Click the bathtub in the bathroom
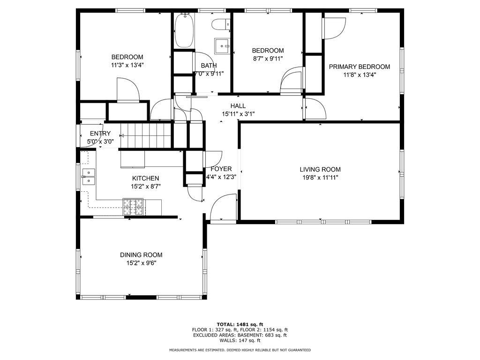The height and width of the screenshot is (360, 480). point(184,30)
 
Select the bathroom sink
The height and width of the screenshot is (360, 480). point(222,46)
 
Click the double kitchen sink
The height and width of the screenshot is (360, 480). point(89,177)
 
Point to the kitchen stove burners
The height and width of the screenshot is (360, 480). point(133,207)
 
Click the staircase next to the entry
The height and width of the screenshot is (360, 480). point(146,135)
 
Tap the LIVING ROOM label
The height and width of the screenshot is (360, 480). point(320,169)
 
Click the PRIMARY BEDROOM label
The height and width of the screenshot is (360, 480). point(360,67)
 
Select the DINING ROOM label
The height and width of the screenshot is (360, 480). point(141,255)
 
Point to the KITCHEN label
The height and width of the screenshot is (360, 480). point(146,178)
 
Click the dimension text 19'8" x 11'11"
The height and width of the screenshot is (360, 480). point(320,177)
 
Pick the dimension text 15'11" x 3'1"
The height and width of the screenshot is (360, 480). point(238,114)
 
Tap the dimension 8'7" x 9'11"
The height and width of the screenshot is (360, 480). point(268,59)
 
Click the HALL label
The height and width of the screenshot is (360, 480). point(238,106)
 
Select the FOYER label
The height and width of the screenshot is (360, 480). point(221,169)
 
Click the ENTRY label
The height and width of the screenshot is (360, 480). point(100,134)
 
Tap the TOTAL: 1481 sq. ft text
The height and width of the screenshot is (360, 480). point(240,324)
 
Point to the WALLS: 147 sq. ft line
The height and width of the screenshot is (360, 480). point(240,340)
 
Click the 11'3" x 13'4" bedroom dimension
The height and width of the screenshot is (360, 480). point(127,65)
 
